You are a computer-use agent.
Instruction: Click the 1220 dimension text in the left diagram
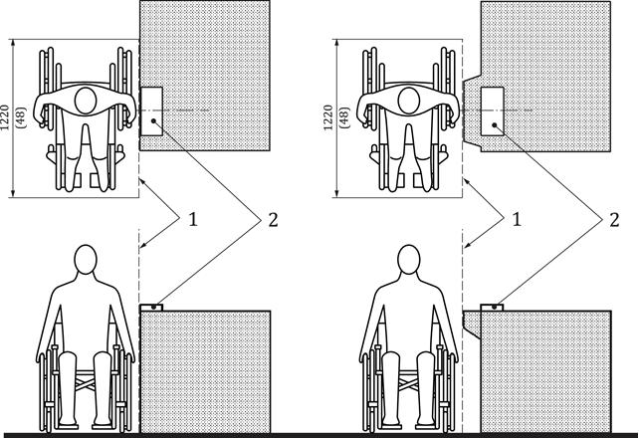coord(5,117)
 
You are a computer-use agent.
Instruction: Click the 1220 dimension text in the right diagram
coord(328,117)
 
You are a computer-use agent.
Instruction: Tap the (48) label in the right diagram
coord(345,117)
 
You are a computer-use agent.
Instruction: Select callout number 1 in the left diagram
coord(193,220)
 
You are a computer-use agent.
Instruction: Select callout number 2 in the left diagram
coord(273,220)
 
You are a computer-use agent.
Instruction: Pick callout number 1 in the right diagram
coord(517,220)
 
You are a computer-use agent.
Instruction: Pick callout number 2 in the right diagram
coord(614,220)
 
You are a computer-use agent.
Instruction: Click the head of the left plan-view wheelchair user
coord(86,101)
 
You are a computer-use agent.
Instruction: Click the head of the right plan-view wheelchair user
coord(409,101)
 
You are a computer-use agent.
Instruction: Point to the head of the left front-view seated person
coord(86,260)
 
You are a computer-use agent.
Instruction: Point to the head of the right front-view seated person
coord(409,260)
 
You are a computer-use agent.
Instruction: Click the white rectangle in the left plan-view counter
coord(151,111)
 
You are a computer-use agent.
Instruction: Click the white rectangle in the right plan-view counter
coord(493,111)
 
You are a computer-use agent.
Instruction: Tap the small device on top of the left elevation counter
coord(151,308)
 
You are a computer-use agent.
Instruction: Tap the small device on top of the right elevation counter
coord(493,308)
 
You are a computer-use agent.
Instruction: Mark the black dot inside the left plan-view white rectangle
coord(153,121)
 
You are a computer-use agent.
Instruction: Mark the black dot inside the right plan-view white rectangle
coord(494,125)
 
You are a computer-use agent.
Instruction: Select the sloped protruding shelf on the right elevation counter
coord(472,325)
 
